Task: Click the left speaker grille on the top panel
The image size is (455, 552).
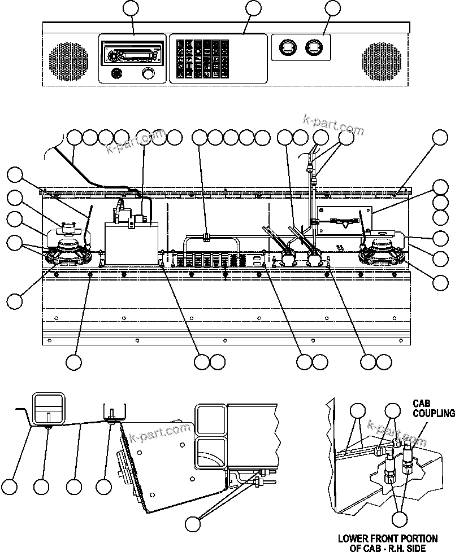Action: pos(70,59)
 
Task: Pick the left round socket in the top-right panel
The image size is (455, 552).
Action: pos(287,48)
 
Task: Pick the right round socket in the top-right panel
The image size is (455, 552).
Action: pos(313,48)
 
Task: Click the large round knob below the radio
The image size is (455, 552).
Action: pos(149,73)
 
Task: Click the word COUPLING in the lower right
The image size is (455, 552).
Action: pos(433,413)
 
